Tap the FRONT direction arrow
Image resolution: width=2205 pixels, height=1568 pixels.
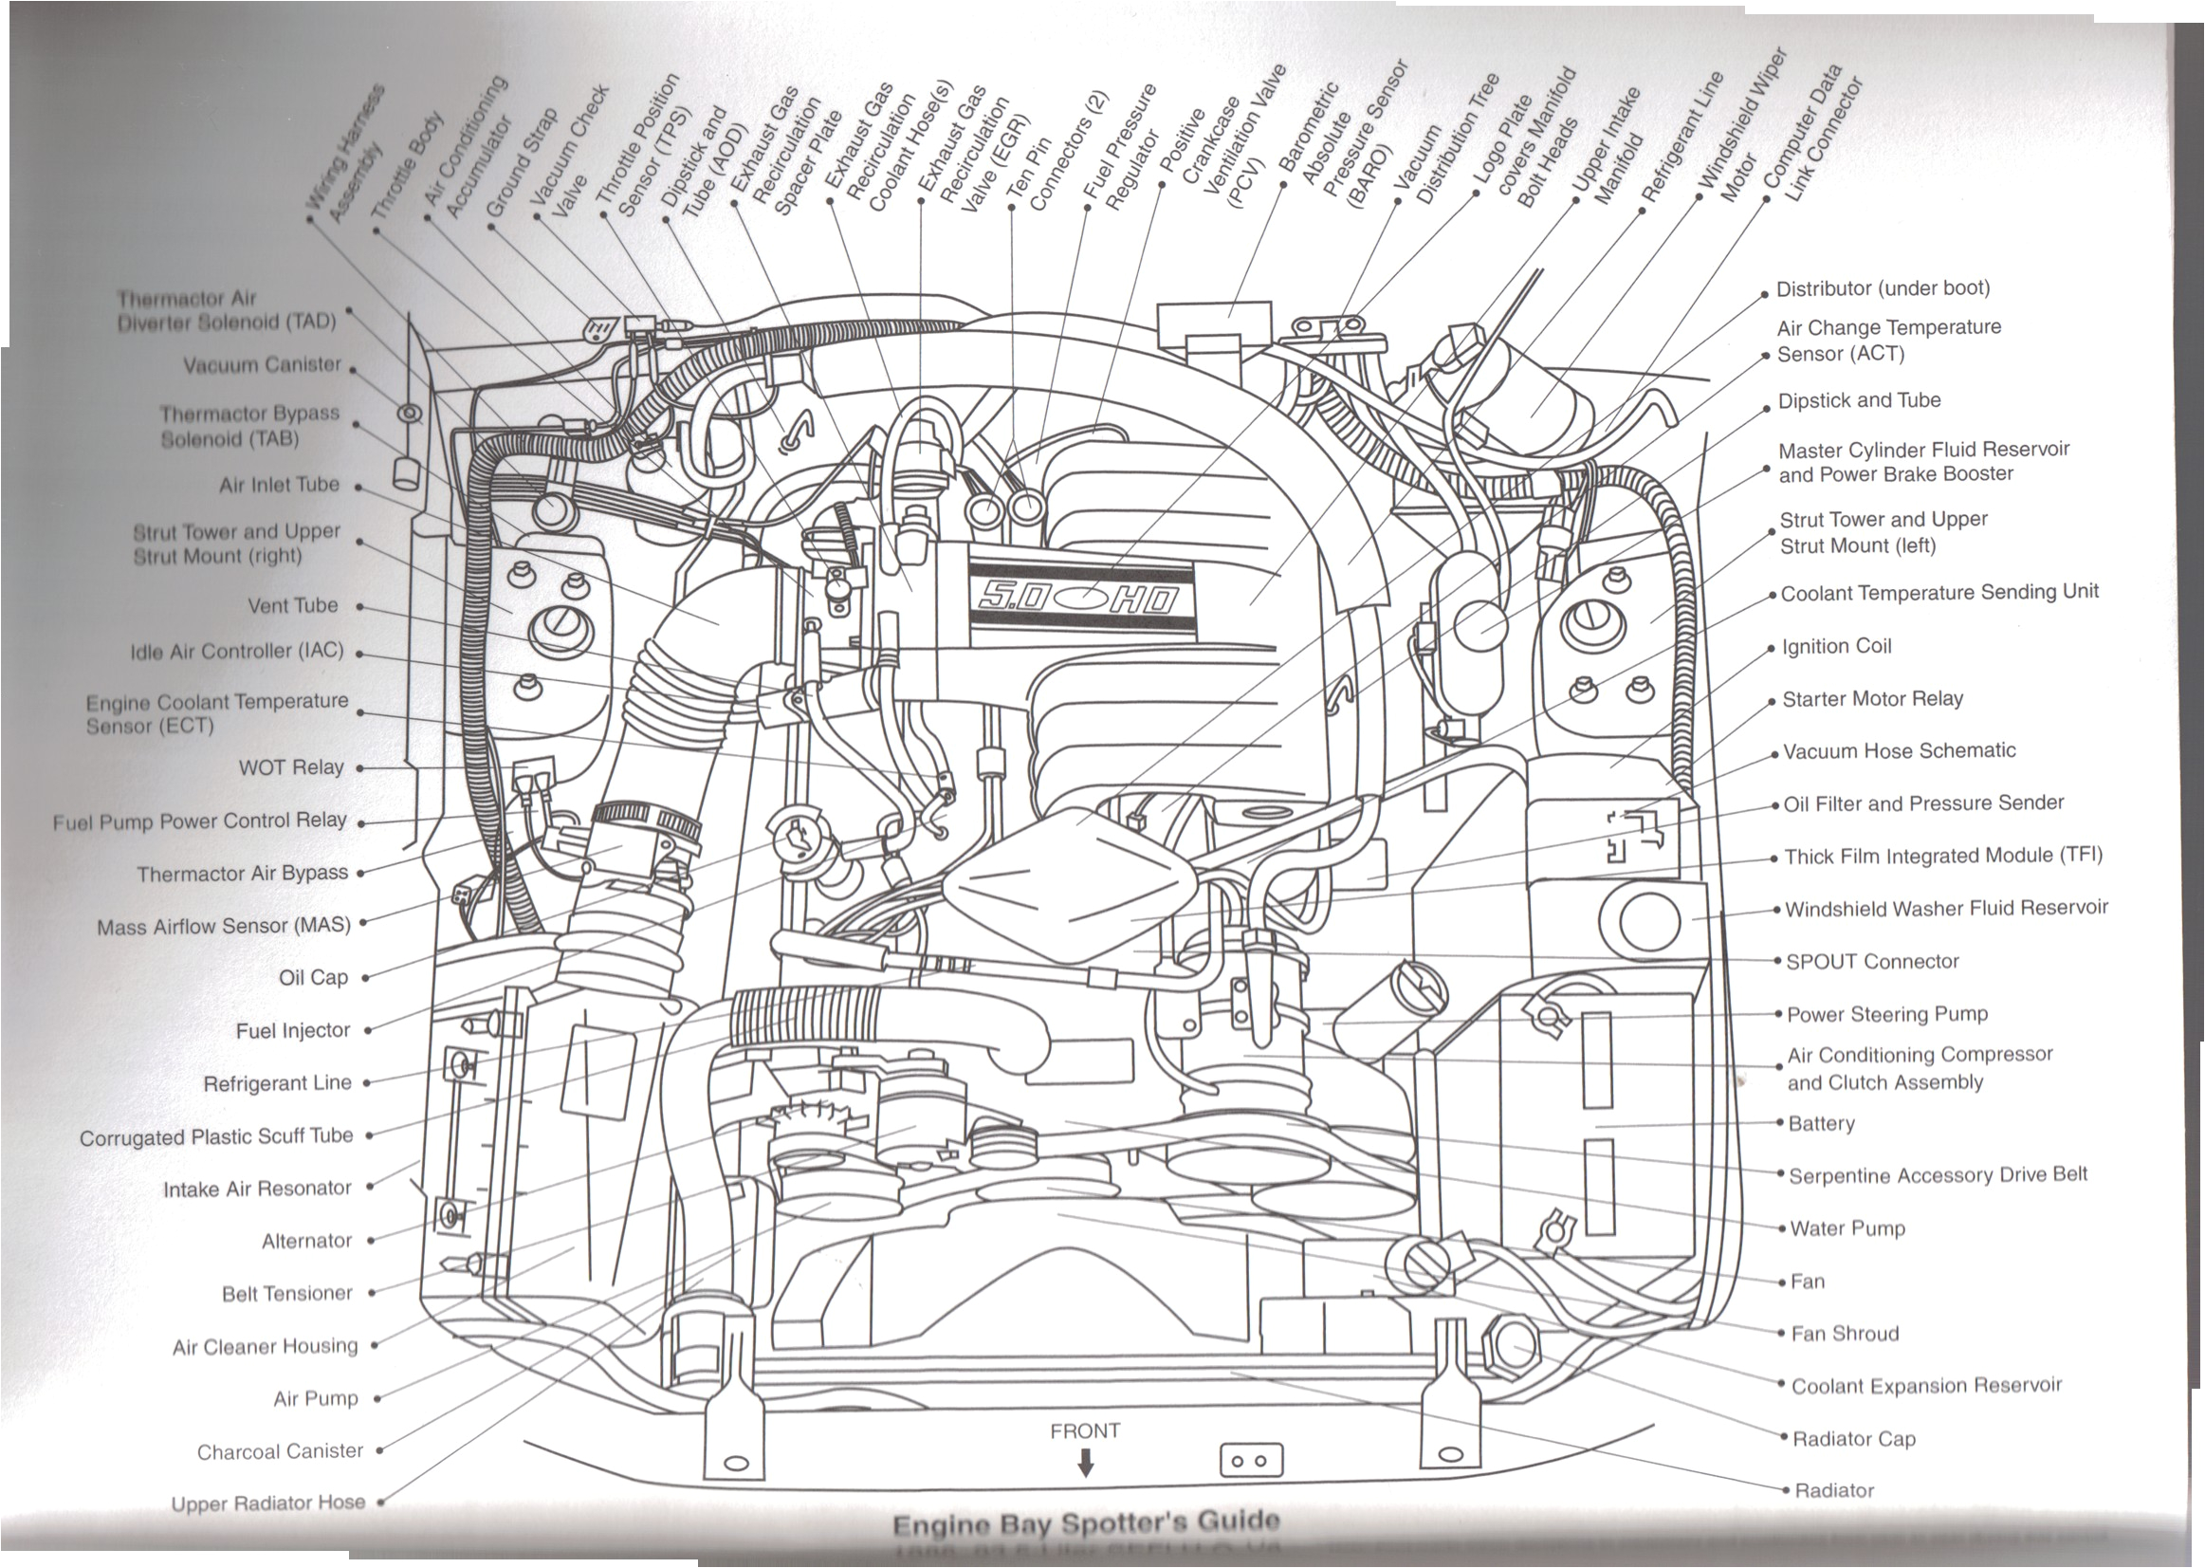point(1085,1465)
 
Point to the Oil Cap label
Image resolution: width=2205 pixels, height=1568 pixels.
point(313,978)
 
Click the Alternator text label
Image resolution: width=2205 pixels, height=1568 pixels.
point(306,1241)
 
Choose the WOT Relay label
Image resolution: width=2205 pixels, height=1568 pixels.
point(290,767)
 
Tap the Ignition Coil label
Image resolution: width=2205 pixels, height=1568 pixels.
point(1836,647)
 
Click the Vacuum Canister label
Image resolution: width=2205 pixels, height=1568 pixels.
point(262,365)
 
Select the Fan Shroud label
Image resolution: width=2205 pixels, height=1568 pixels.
point(1844,1335)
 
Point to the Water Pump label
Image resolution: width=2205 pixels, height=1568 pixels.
point(1847,1229)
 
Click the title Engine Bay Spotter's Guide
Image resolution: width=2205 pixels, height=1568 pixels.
point(1086,1523)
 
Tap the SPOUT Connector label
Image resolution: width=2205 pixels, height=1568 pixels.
point(1872,962)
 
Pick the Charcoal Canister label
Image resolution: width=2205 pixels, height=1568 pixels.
point(280,1451)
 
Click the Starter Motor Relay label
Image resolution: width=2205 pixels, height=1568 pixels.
point(1872,699)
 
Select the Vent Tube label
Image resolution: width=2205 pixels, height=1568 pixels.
point(292,606)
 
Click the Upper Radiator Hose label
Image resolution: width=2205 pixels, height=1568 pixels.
point(267,1503)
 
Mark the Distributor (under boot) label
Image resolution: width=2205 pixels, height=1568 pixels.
point(1883,288)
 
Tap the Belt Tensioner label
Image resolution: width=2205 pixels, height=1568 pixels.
point(286,1294)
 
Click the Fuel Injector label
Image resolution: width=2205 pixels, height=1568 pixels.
point(292,1031)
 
